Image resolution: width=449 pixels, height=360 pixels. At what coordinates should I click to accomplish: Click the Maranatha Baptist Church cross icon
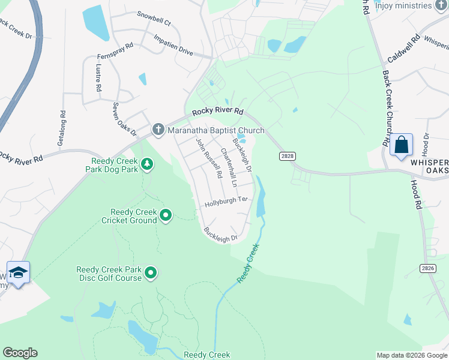pyautogui.click(x=158, y=129)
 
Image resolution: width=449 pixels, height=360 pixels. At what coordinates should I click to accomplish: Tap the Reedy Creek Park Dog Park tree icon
pyautogui.click(x=146, y=164)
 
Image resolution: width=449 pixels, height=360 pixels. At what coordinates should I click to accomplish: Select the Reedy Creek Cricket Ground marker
pyautogui.click(x=166, y=214)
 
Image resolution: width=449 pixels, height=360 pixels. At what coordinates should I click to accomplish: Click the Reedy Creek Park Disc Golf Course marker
pyautogui.click(x=151, y=274)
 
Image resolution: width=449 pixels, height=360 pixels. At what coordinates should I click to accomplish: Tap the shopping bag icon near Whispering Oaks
pyautogui.click(x=401, y=145)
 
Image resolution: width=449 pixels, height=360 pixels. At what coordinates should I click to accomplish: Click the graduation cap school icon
pyautogui.click(x=18, y=272)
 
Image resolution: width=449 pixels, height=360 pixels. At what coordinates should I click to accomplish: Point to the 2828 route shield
pyautogui.click(x=288, y=156)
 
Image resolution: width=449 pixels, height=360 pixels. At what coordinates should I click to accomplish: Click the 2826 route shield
pyautogui.click(x=427, y=268)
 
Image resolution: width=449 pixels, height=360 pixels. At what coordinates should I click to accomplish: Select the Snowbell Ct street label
pyautogui.click(x=154, y=18)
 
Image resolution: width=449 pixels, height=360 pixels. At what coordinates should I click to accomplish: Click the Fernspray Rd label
pyautogui.click(x=115, y=53)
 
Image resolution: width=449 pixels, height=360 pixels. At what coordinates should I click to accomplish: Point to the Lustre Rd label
pyautogui.click(x=98, y=79)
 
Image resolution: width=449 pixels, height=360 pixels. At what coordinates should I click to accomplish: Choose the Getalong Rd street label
pyautogui.click(x=61, y=128)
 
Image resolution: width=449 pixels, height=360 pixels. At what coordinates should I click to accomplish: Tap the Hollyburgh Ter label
pyautogui.click(x=226, y=202)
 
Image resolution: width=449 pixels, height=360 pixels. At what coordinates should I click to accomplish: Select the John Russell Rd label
pyautogui.click(x=209, y=158)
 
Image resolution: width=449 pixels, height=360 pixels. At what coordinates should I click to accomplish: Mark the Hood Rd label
pyautogui.click(x=416, y=195)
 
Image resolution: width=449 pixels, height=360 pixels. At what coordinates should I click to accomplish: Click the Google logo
pyautogui.click(x=20, y=353)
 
